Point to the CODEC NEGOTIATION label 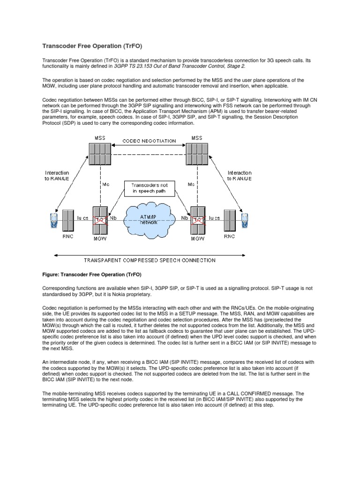(150, 141)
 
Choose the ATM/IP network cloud (150, 220)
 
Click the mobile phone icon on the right (245, 219)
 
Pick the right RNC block (229, 219)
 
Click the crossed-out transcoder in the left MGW (99, 220)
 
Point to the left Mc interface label (105, 185)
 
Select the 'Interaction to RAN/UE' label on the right (239, 176)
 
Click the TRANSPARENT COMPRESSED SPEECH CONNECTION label (150, 260)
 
